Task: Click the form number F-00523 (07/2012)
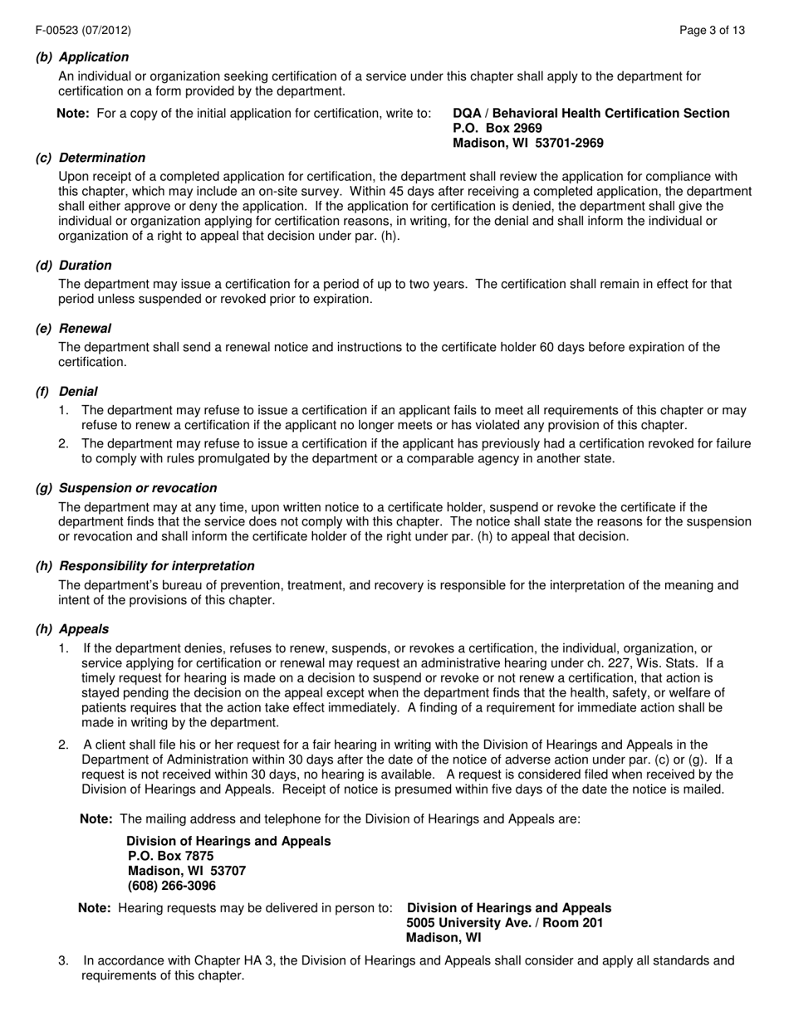[x=83, y=31]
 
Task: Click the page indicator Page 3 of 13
[x=712, y=31]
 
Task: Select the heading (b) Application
[x=82, y=57]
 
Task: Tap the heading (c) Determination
[x=90, y=158]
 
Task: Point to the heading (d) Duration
[x=73, y=266]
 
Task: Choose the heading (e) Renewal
[x=73, y=329]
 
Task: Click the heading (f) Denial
[x=66, y=392]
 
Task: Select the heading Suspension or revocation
[x=138, y=488]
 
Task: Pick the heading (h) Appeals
[x=72, y=629]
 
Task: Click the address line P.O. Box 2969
[x=497, y=128]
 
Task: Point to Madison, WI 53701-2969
[x=528, y=143]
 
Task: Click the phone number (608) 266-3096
[x=172, y=886]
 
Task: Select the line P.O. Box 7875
[x=171, y=856]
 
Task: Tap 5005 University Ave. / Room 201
[x=505, y=923]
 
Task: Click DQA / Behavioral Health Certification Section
[x=591, y=113]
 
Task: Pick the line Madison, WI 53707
[x=187, y=871]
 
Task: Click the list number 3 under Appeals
[x=63, y=961]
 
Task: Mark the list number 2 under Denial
[x=63, y=444]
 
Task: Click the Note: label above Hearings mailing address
[x=96, y=819]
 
